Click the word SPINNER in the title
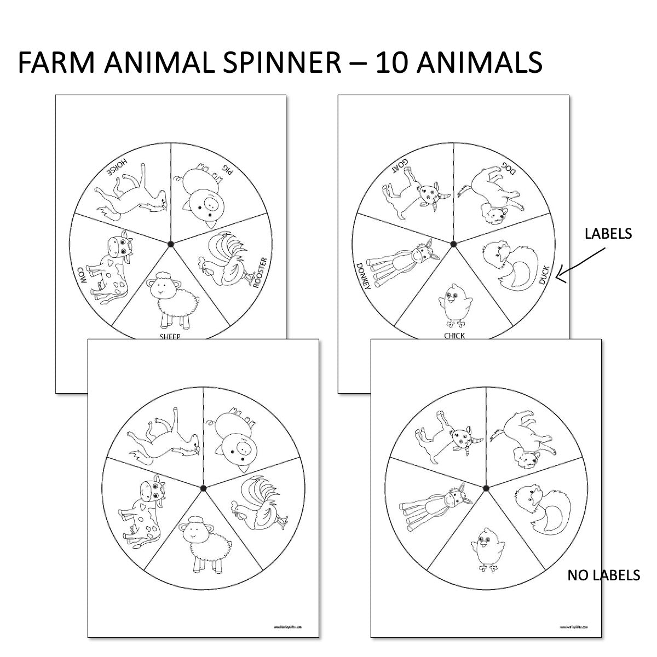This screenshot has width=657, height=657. [x=278, y=62]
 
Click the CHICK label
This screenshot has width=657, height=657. [x=454, y=336]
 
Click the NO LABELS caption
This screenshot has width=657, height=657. [x=603, y=575]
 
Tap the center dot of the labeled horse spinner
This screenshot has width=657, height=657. [x=170, y=243]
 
